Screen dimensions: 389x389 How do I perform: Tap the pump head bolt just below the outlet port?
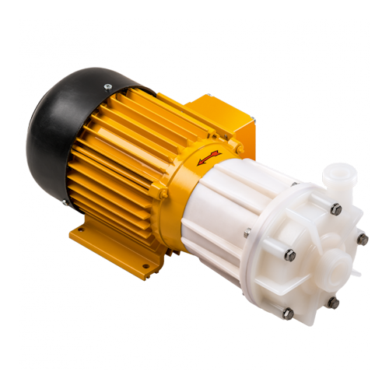335,209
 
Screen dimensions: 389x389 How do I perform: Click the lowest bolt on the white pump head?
288,313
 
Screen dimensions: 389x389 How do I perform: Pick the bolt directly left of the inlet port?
289,254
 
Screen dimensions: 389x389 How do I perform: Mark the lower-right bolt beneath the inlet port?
333,302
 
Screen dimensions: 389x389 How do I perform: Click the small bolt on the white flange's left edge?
247,232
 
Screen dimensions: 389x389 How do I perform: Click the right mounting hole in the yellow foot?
143,271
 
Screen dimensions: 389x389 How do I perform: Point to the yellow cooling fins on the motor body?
117,156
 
